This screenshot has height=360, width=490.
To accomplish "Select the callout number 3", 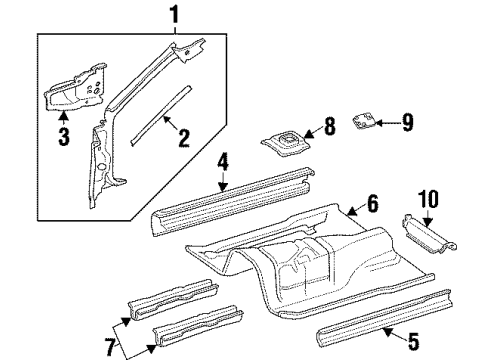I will point(62,137).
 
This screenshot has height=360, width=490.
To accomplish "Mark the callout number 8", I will point(331,128).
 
